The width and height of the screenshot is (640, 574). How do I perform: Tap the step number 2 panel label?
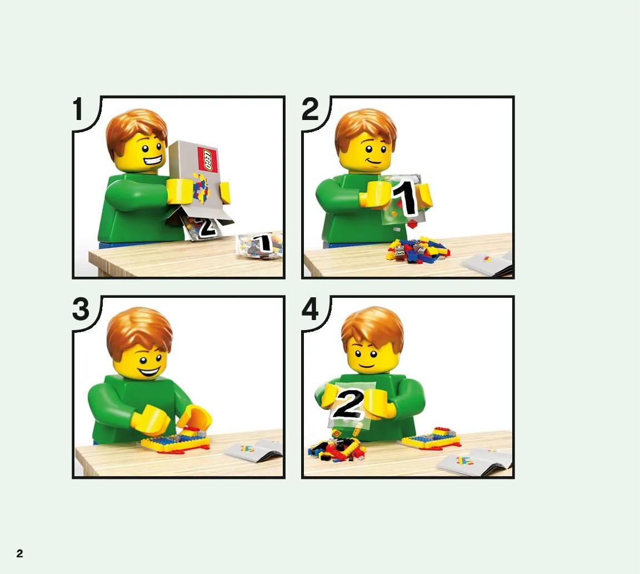[310, 109]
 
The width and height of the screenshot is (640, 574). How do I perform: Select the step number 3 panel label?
[81, 309]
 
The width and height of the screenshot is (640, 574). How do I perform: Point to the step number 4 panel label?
[310, 309]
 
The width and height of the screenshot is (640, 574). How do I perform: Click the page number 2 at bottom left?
[19, 553]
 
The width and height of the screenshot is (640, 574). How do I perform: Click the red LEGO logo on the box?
[207, 159]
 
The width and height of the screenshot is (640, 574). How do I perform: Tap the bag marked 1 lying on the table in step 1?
[260, 246]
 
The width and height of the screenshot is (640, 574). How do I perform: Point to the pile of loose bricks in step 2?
[418, 249]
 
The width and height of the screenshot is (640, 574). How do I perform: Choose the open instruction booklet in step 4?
[474, 462]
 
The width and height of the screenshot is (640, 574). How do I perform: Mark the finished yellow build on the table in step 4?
[431, 438]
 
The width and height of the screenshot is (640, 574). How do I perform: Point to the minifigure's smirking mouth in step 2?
[373, 161]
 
